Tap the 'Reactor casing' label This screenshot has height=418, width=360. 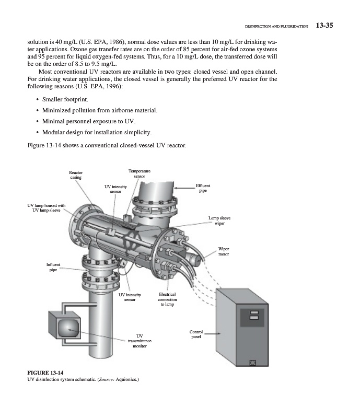tap(76, 175)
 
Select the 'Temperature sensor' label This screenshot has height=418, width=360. tap(140, 173)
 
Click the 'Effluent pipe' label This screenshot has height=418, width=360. tap(203, 188)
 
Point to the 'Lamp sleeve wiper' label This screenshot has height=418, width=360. tap(219, 220)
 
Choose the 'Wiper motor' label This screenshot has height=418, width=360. tap(224, 251)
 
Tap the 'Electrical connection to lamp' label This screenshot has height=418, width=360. tap(168, 299)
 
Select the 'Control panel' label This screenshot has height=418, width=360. tap(196, 334)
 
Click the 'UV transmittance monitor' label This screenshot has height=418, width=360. tap(140, 341)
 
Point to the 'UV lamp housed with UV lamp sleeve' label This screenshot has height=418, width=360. tap(47, 207)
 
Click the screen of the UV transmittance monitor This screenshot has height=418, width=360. tap(68, 328)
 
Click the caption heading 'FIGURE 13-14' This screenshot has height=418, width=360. tap(45, 372)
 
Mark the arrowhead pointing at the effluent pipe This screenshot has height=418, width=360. tap(176, 187)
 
